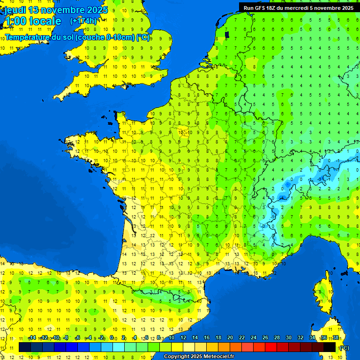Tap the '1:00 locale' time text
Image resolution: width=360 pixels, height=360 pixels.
(33, 21)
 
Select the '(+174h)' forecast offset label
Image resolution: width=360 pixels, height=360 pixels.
(83, 21)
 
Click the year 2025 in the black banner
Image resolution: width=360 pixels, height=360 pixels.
(346, 8)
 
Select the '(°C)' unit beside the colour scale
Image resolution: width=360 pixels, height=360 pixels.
(344, 348)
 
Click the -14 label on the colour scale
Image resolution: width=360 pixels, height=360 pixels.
(32, 337)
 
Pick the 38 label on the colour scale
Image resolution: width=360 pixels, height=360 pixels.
(335, 337)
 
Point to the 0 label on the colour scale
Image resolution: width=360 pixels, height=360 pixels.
(112, 337)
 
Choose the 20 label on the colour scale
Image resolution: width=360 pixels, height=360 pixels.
(230, 337)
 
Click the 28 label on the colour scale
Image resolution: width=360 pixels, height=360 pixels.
(277, 337)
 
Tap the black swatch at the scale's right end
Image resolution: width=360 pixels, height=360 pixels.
(330, 347)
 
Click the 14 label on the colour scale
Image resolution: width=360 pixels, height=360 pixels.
(195, 337)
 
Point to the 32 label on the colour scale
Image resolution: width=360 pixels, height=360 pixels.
(300, 337)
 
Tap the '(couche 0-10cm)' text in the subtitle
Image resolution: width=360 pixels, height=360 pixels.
(100, 37)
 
